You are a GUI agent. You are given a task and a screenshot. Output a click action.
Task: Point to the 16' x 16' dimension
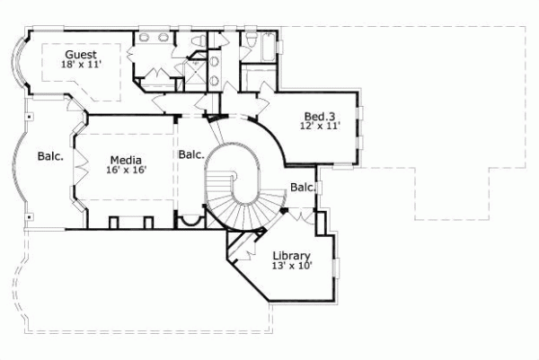[x=125, y=169]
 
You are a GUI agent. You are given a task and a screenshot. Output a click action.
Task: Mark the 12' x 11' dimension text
[x=320, y=127]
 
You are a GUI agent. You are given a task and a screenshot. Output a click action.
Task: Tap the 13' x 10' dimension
[x=292, y=266]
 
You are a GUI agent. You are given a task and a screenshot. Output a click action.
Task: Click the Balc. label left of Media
[x=50, y=156]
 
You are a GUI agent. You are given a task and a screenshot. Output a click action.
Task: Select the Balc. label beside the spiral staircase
[x=191, y=154]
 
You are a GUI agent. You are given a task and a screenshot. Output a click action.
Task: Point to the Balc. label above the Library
[x=303, y=188]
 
